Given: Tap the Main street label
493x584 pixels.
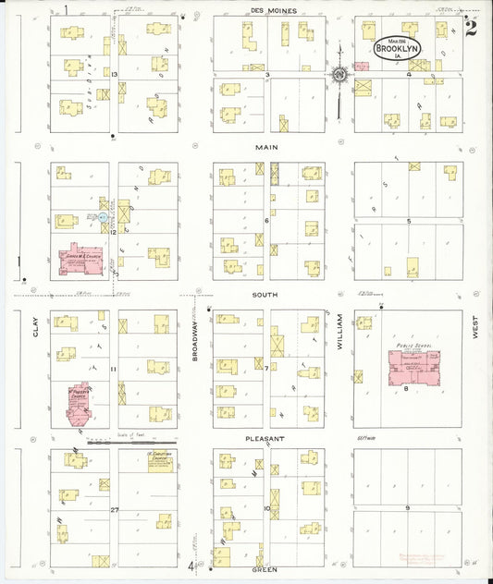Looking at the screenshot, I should coord(268,146).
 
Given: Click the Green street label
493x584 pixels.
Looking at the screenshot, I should coord(265,570).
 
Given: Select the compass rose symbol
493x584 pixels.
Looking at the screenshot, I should coord(339,75).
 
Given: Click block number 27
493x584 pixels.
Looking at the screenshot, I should coord(116,509).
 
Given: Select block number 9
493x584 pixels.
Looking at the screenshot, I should coord(407,507).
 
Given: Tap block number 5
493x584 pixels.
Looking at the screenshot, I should coord(408,221).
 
